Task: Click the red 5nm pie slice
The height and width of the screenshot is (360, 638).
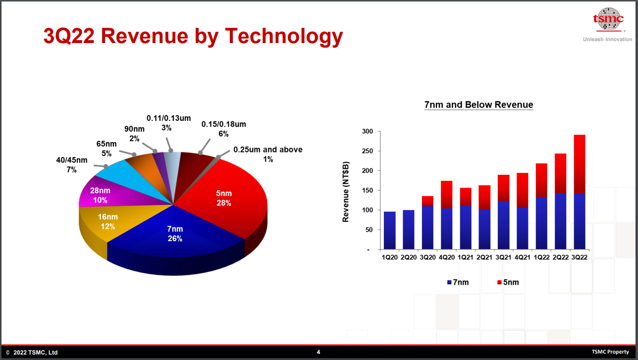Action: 223,198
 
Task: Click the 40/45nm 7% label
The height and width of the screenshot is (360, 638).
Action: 71,165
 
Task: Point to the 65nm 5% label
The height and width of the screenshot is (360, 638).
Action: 106,149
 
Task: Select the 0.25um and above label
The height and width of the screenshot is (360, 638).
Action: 268,154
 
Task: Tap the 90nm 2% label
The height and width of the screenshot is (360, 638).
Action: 134,133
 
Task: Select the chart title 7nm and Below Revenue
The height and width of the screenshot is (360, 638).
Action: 478,105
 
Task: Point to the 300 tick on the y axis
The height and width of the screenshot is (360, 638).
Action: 367,132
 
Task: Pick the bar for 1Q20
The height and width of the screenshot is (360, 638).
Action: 390,230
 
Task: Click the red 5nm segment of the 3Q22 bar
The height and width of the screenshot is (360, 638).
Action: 578,163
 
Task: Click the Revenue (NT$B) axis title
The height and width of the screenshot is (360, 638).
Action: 346,192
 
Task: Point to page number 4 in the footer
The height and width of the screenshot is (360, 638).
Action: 319,352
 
